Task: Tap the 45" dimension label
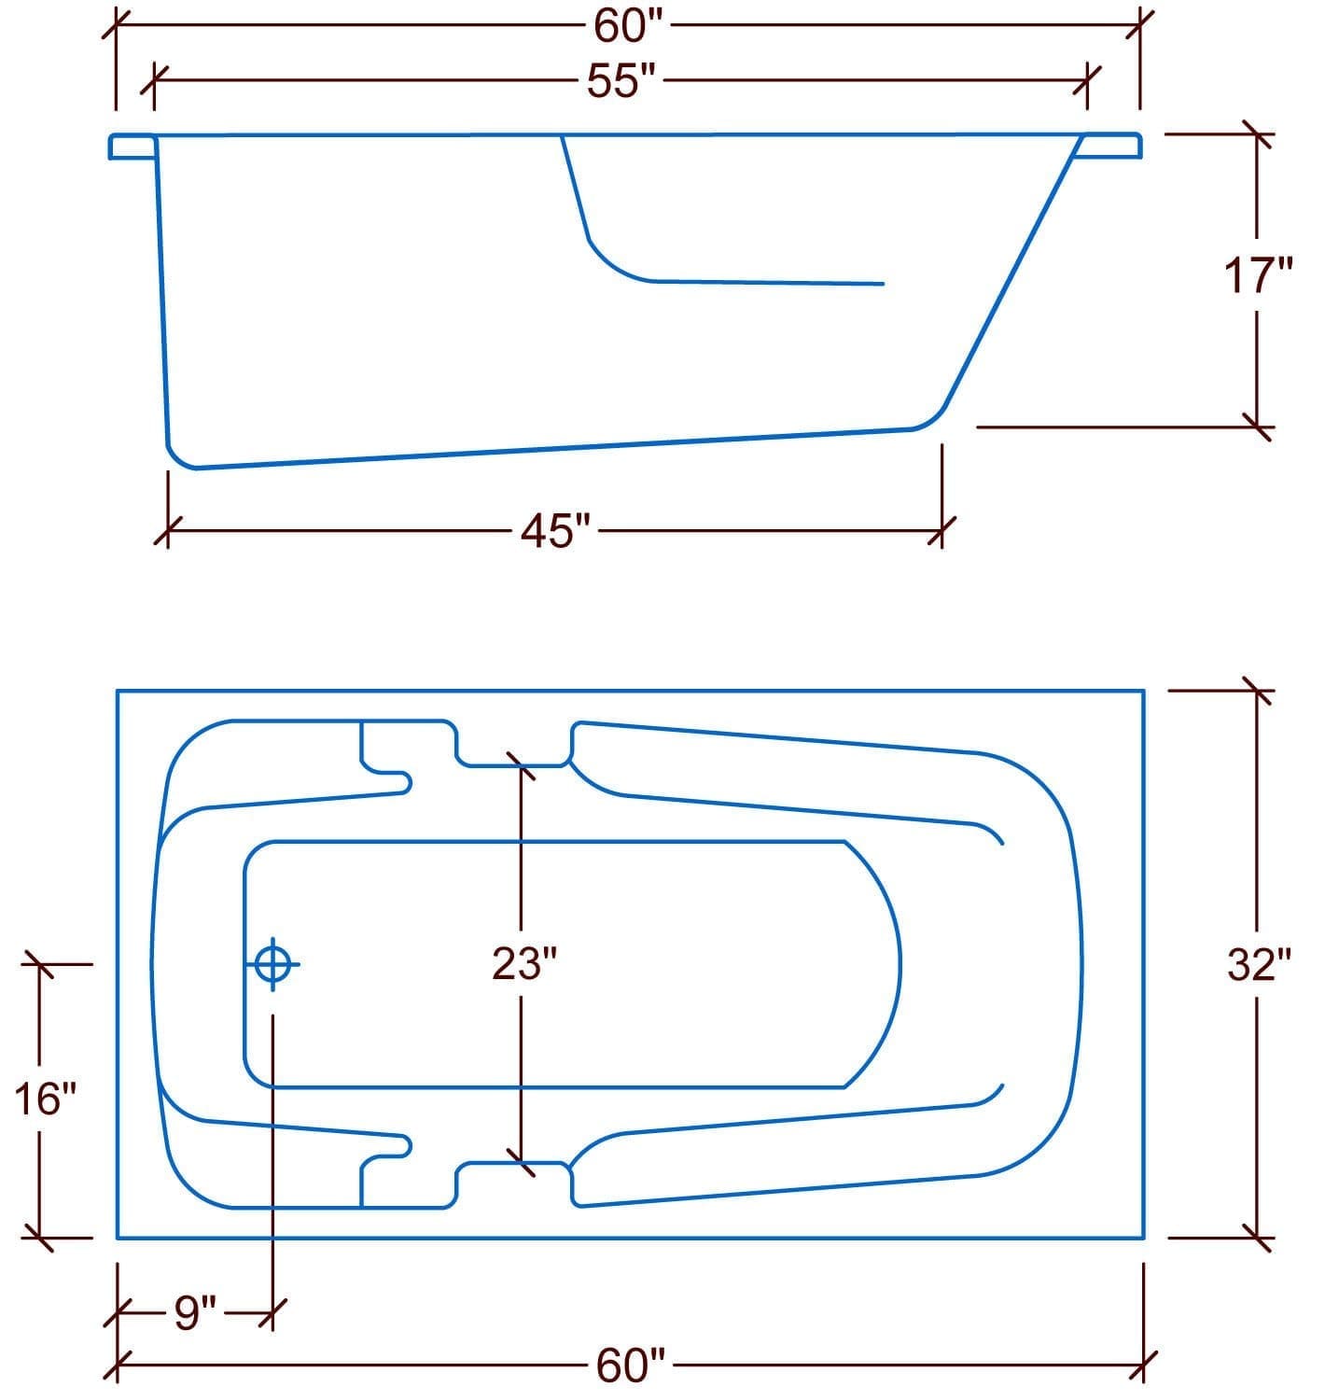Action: (557, 533)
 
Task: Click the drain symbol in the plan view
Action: (272, 963)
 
